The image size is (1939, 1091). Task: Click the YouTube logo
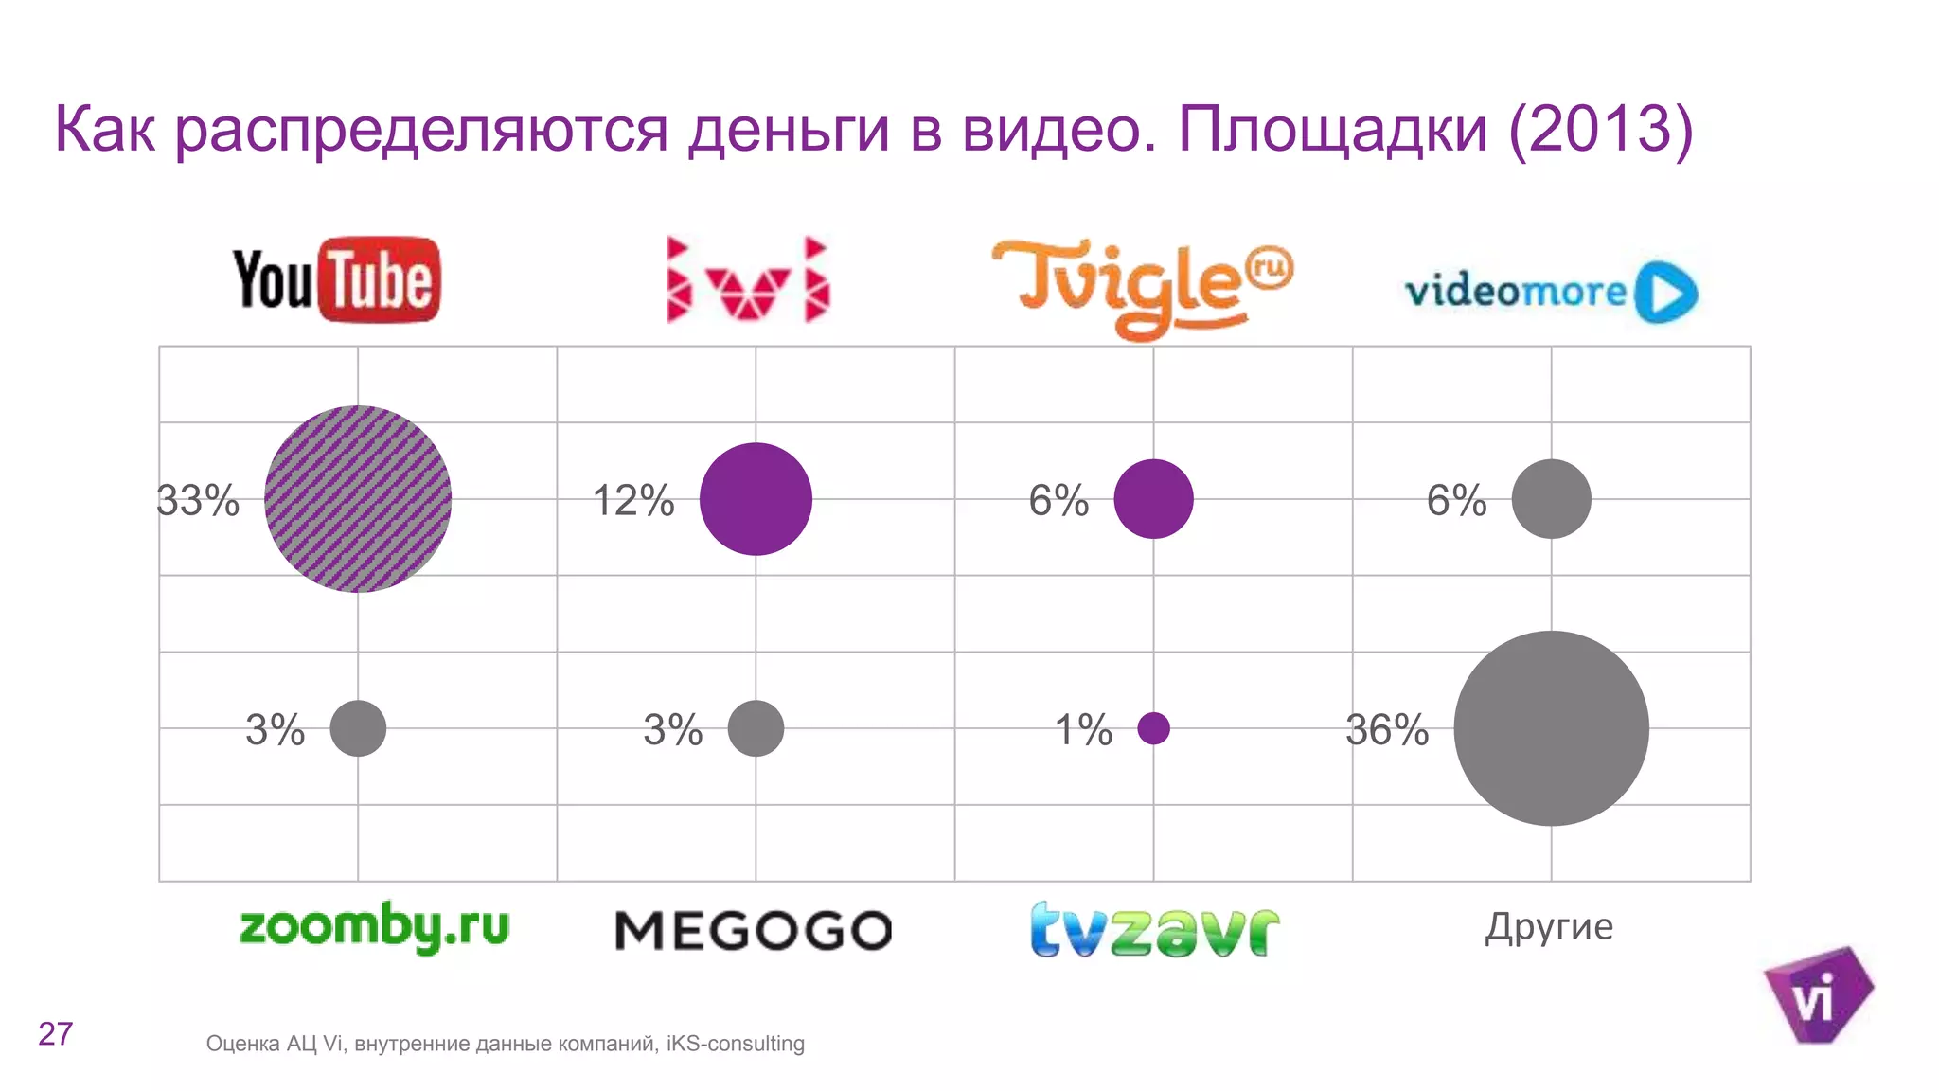click(x=337, y=280)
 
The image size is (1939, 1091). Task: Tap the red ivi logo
click(x=748, y=280)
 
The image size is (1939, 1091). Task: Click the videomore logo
click(x=1550, y=292)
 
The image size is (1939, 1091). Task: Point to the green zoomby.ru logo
click(x=374, y=926)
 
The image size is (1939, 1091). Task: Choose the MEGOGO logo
click(x=754, y=930)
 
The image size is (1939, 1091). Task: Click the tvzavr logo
click(x=1154, y=930)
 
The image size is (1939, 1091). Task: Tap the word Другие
click(x=1549, y=926)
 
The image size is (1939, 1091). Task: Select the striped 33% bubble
click(x=358, y=499)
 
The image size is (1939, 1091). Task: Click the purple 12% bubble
click(x=756, y=499)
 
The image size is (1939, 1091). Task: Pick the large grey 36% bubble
click(x=1551, y=728)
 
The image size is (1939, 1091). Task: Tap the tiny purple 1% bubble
click(x=1153, y=728)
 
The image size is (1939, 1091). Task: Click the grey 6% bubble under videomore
click(x=1551, y=499)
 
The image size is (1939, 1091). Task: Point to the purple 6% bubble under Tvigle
click(x=1153, y=499)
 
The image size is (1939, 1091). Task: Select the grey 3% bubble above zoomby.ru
click(x=358, y=728)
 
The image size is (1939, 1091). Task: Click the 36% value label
click(x=1387, y=730)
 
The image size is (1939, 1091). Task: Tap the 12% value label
click(x=633, y=501)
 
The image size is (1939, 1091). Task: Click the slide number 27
click(x=56, y=1034)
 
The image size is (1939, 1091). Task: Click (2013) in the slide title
click(x=1600, y=130)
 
